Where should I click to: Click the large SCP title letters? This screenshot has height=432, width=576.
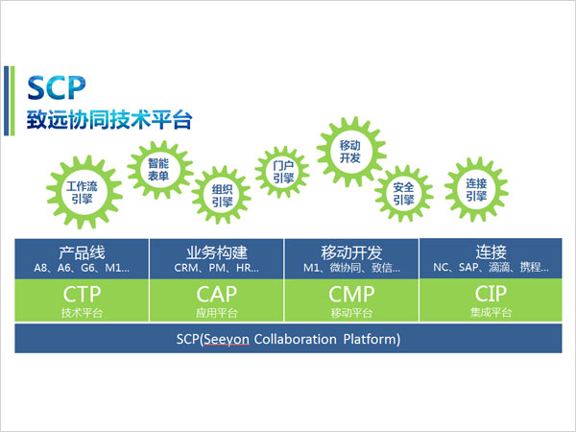tap(57, 87)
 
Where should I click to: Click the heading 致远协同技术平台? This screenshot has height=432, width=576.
tap(109, 119)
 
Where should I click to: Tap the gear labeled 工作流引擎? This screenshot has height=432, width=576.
tap(84, 192)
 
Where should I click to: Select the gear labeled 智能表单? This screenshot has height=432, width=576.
tap(159, 170)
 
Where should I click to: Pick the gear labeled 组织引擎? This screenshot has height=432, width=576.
tap(222, 195)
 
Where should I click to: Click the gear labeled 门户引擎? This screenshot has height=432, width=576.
tap(282, 172)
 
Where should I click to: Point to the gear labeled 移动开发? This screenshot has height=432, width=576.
tap(350, 152)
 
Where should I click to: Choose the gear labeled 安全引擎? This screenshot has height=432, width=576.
tap(404, 194)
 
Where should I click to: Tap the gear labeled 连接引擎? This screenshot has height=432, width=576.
tap(476, 189)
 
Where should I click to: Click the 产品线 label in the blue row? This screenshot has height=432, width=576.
tap(82, 252)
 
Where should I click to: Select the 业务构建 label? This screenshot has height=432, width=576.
tap(217, 252)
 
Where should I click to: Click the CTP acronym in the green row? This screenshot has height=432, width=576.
tap(82, 294)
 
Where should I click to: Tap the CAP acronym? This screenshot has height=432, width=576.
tap(217, 294)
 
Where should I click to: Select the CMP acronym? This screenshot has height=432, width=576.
tap(351, 294)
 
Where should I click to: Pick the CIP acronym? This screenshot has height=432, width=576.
tap(491, 293)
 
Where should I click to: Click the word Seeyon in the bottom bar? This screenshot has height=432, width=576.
tap(227, 339)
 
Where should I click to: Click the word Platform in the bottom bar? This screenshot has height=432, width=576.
tap(370, 339)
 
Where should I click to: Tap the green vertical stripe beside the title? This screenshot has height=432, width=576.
tap(12, 101)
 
